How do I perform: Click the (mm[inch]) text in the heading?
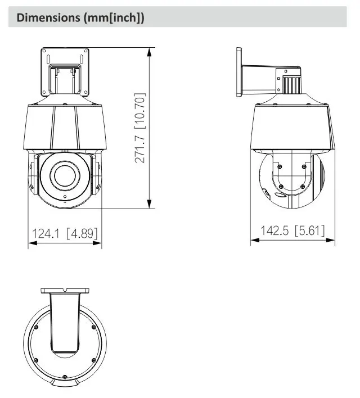coord(114,17)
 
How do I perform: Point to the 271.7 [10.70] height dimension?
coord(141,128)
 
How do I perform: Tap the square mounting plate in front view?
coord(65,72)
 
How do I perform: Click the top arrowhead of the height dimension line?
coord(150,51)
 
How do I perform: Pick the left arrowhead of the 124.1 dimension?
coord(31,243)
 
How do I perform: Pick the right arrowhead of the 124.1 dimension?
coord(99,243)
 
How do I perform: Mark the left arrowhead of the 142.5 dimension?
coord(254,241)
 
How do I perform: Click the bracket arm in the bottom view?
coord(65,323)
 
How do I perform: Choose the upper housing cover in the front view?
coord(65,128)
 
